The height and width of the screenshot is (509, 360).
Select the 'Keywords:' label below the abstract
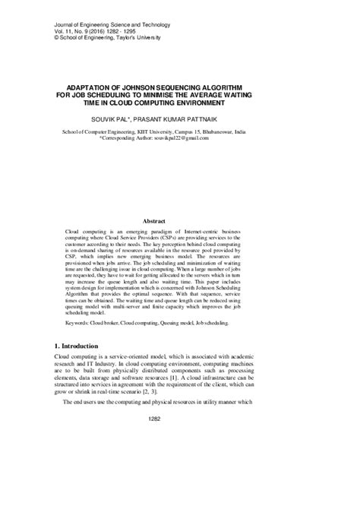click(83, 322)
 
